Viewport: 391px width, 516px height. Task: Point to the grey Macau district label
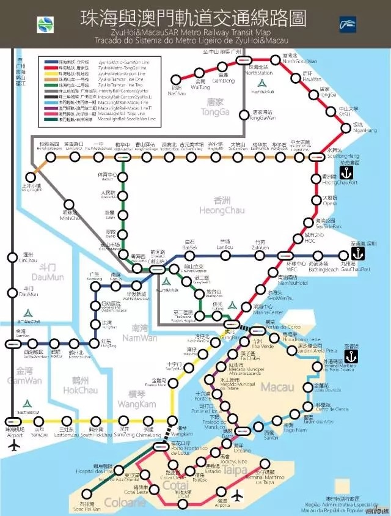pyautogui.click(x=278, y=387)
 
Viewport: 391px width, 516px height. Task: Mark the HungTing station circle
pyautogui.click(x=94, y=341)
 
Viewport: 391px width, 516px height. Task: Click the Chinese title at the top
pyautogui.click(x=193, y=18)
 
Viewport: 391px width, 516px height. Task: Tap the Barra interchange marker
pyautogui.click(x=242, y=430)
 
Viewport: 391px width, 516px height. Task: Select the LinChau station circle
pyautogui.click(x=12, y=258)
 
